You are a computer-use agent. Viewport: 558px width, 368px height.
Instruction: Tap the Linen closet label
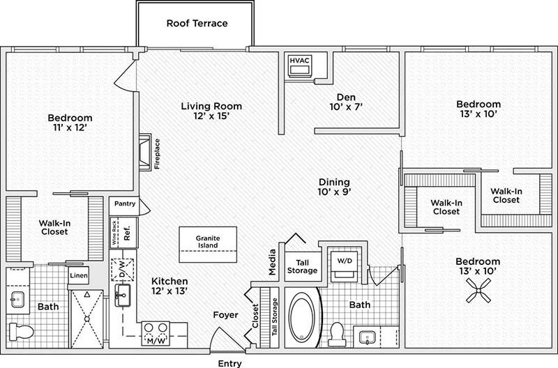77,275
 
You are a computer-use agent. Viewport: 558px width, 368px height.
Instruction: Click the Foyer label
226,316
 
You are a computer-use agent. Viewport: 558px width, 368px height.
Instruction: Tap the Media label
273,260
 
